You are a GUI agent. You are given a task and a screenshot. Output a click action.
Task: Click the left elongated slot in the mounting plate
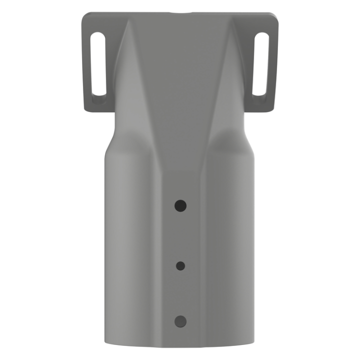[98, 64]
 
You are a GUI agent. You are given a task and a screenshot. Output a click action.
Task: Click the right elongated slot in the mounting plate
[261, 64]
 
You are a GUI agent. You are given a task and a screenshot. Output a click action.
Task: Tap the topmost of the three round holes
[180, 205]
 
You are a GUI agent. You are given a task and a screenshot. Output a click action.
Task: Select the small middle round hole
[180, 266]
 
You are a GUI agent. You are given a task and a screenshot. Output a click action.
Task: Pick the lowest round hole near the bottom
[180, 321]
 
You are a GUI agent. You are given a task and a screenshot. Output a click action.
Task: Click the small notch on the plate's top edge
[180, 13]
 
